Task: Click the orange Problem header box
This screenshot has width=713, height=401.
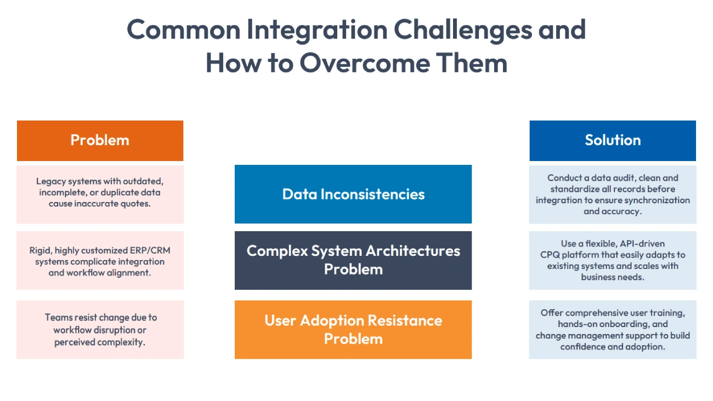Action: coord(100,140)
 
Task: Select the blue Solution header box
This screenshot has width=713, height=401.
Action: coord(613,140)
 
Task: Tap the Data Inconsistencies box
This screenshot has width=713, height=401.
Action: coord(353,194)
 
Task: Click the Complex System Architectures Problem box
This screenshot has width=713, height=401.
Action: coord(353,260)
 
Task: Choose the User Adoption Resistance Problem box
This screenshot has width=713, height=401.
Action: coord(353,329)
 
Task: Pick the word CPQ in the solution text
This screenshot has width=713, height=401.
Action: coord(550,255)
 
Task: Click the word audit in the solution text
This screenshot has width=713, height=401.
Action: coord(617,178)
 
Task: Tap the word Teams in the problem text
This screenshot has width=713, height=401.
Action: coord(58,318)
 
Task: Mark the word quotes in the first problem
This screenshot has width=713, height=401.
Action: coord(137,204)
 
